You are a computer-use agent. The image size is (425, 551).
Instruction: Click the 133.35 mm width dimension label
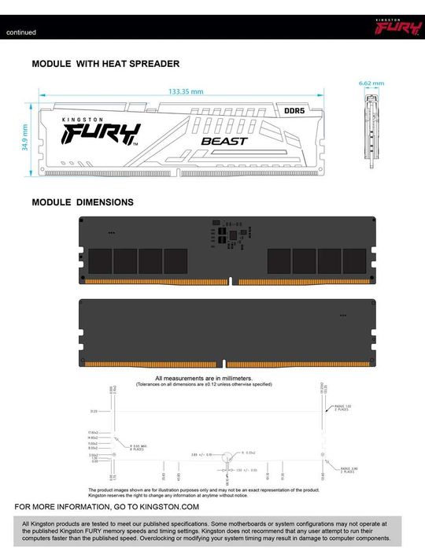[x=184, y=91]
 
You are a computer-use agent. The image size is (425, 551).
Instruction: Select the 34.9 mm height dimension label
[x=24, y=139]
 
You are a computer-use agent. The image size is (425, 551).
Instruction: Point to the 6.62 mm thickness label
[x=371, y=83]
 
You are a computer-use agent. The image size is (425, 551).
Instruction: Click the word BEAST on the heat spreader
[x=224, y=141]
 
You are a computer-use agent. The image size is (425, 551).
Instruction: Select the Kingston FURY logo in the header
[x=391, y=30]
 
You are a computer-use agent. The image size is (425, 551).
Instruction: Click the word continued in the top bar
[x=21, y=32]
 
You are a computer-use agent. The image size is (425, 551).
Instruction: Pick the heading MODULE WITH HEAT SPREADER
[x=105, y=63]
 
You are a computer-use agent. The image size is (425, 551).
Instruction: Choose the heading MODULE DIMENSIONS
[x=83, y=202]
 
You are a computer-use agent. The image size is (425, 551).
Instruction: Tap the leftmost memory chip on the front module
[x=100, y=261]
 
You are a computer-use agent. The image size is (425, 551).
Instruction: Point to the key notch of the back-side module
[x=224, y=364]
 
